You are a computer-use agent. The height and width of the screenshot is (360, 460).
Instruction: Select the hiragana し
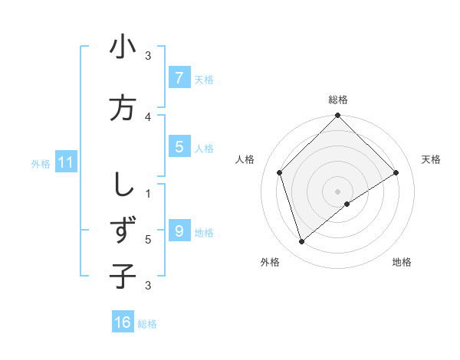(123, 185)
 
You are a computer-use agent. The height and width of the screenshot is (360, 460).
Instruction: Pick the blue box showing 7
(179, 77)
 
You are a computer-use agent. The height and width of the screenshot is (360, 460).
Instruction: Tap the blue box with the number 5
(179, 147)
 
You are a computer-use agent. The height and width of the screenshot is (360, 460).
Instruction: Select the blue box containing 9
(179, 231)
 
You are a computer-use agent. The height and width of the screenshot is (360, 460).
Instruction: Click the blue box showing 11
(66, 162)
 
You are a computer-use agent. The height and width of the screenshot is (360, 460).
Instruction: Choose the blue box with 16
(123, 322)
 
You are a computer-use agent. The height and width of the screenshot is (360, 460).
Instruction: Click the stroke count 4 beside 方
(148, 116)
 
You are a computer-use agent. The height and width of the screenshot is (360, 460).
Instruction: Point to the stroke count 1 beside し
(148, 193)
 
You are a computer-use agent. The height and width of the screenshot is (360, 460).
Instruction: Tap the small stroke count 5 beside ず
(148, 239)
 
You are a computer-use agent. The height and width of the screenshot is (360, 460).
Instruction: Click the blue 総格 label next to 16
(147, 324)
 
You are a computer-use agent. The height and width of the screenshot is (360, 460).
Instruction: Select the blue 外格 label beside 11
(41, 163)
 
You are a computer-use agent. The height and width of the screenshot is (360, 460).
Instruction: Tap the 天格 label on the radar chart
(431, 159)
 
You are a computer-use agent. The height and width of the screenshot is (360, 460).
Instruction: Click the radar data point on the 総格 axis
(337, 116)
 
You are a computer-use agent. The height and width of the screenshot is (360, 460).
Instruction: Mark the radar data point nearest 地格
(347, 204)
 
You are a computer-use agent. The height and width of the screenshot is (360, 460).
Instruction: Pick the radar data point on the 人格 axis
(280, 172)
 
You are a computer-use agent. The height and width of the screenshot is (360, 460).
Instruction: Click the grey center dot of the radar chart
(337, 191)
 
